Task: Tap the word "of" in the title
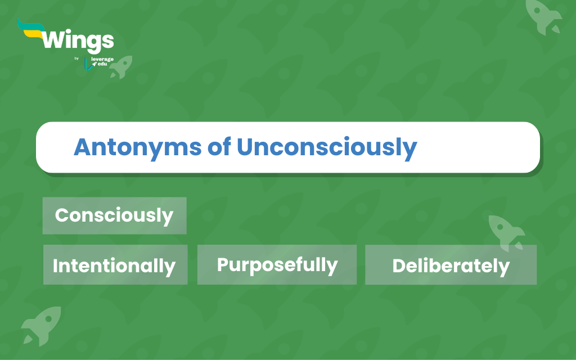tap(219, 147)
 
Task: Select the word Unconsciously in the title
tap(327, 148)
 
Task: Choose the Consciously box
tap(115, 215)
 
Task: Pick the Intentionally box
tap(115, 264)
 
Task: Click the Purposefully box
tap(277, 264)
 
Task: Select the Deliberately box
tap(451, 264)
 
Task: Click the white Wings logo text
tap(78, 41)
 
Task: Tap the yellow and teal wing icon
tap(31, 29)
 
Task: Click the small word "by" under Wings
tap(76, 58)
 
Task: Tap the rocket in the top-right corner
tap(543, 16)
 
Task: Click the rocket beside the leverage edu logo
tap(121, 67)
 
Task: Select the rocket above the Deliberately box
tap(506, 233)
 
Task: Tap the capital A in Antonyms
tap(83, 147)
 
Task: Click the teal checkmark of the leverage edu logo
tap(88, 64)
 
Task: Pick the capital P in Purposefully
tap(223, 264)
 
